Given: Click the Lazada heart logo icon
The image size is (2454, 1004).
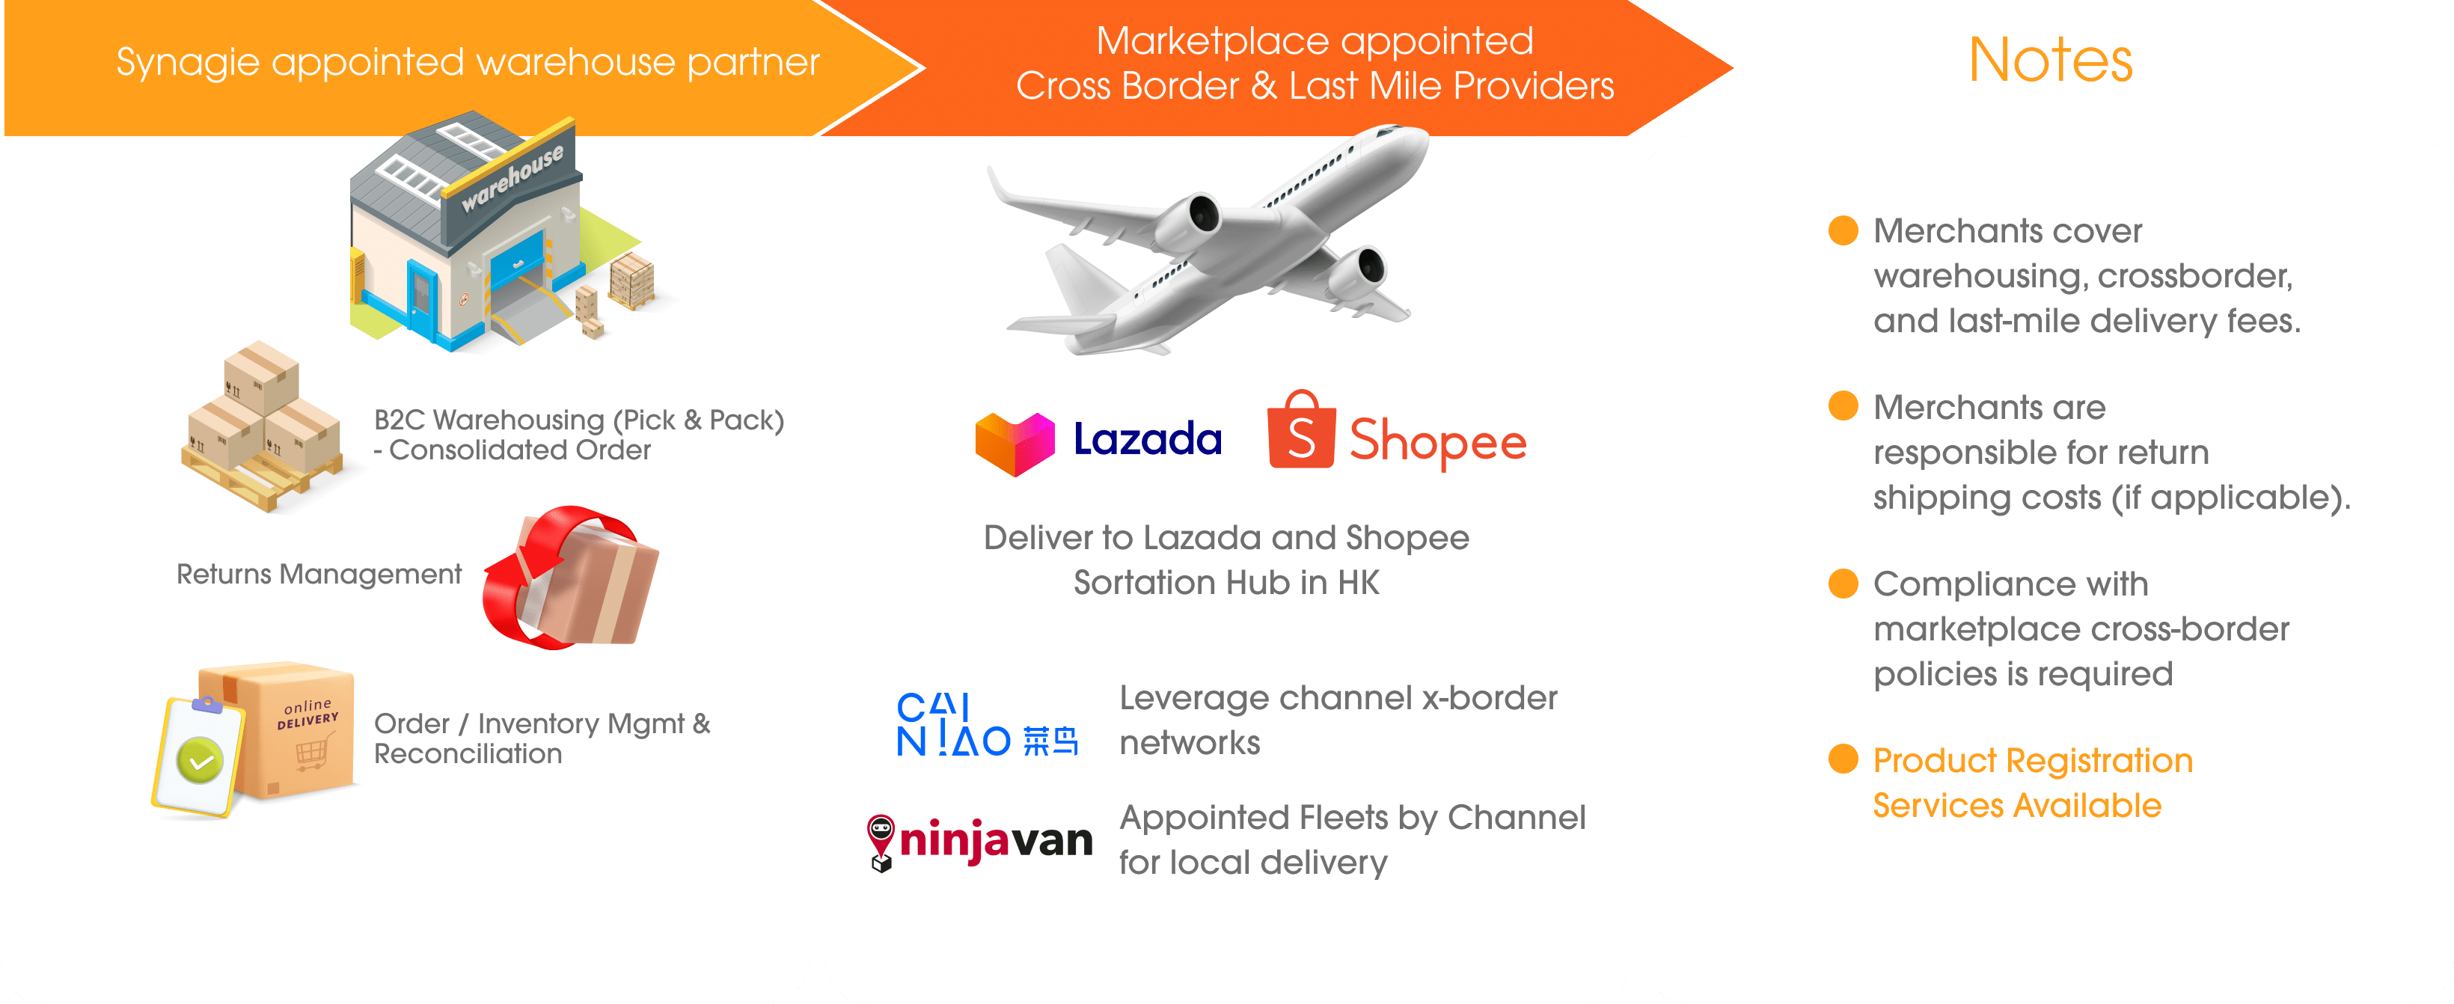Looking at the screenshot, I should [1015, 443].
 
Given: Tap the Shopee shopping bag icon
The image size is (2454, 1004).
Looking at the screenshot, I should [1300, 433].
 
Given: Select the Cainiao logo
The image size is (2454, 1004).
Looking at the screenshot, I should [986, 725].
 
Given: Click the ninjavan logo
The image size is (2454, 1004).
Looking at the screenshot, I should [979, 841].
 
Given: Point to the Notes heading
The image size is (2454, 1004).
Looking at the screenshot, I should [2050, 60].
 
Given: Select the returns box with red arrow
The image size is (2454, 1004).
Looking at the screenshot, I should [572, 578].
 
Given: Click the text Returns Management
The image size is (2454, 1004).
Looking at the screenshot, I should [318, 575].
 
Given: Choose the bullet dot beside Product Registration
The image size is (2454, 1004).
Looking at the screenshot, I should [1843, 759].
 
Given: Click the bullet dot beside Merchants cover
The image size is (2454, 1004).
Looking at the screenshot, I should [1843, 230].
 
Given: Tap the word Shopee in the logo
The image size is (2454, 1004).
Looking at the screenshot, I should [1437, 441].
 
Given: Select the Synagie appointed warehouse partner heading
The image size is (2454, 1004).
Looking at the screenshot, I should [467, 63].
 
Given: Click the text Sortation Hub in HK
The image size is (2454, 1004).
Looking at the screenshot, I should [1226, 582].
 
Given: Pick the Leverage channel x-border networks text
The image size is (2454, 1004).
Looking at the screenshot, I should [1338, 720].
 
